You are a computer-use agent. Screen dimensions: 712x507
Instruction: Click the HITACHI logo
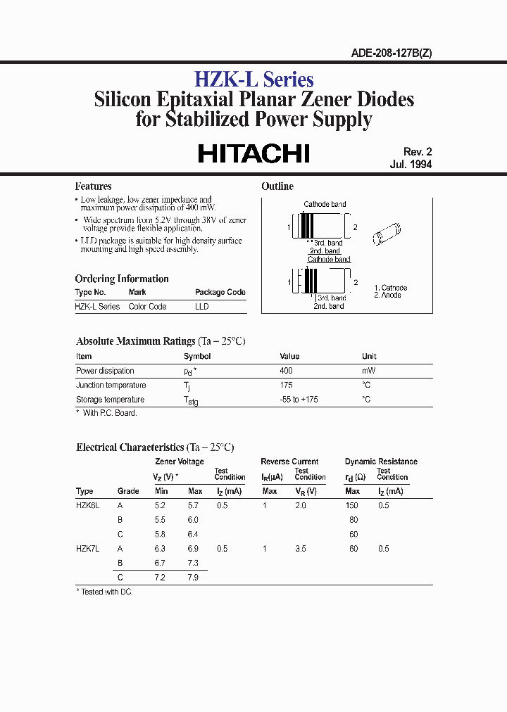[254, 154]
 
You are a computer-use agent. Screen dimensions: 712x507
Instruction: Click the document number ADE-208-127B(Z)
[391, 53]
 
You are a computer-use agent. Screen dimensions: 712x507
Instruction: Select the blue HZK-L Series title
[254, 80]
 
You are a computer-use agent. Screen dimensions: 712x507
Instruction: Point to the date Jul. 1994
[411, 165]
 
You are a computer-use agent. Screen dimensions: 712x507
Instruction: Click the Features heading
[93, 186]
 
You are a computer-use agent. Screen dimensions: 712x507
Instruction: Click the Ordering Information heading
[122, 279]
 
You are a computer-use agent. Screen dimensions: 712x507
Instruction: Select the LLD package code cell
[202, 307]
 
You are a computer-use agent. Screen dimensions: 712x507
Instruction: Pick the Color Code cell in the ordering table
[147, 307]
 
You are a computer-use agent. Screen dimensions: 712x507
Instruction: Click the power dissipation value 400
[286, 371]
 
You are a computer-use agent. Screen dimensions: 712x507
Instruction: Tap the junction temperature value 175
[286, 385]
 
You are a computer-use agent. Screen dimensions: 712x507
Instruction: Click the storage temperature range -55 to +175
[299, 400]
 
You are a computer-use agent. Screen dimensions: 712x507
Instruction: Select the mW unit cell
[368, 371]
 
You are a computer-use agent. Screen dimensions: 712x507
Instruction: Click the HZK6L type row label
[88, 505]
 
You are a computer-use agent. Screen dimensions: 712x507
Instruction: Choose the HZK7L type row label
[88, 549]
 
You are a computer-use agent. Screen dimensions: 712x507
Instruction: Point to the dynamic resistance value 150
[351, 505]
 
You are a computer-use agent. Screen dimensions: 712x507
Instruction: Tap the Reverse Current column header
[289, 462]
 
